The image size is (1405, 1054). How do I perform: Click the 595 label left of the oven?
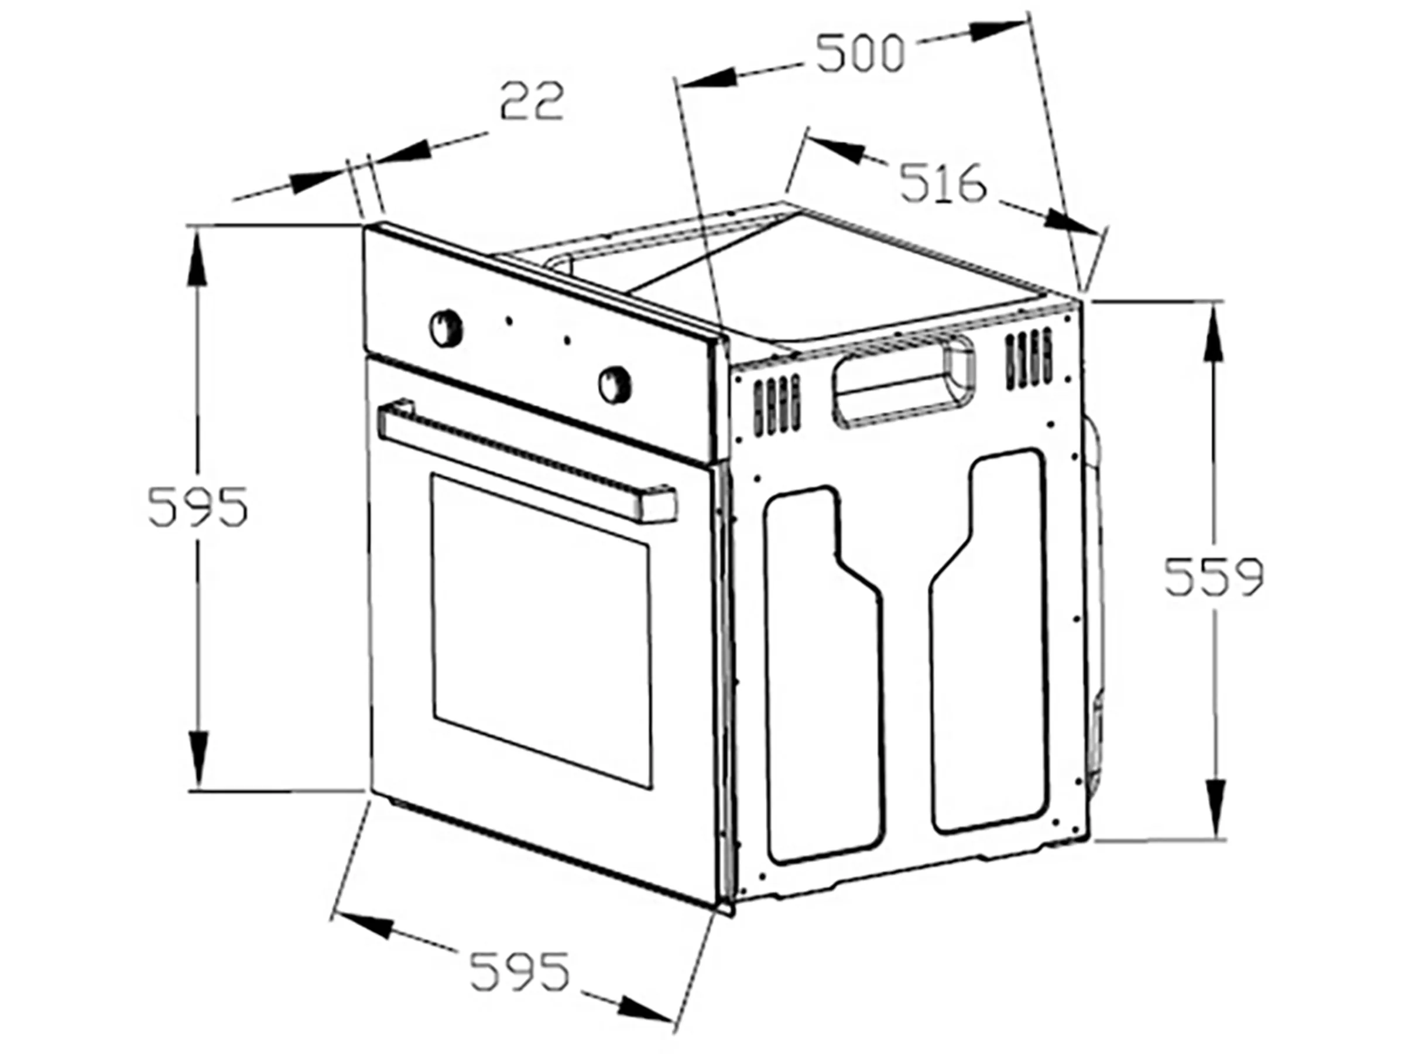click(197, 507)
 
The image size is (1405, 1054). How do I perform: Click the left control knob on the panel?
click(446, 327)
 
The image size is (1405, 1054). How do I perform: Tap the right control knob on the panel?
click(615, 383)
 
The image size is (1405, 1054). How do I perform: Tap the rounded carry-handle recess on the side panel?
click(905, 381)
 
